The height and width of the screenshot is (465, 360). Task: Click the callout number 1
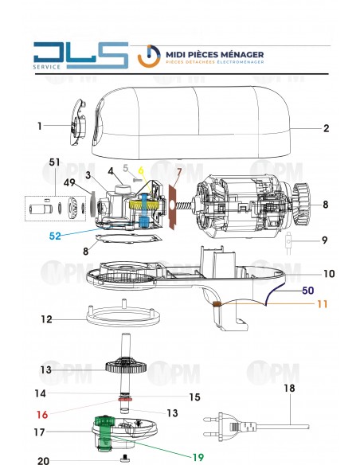pos(39,126)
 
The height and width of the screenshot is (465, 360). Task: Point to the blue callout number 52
pos(55,236)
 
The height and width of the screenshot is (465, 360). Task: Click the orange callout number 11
pos(323,303)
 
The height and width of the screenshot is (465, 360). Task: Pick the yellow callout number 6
pos(141,170)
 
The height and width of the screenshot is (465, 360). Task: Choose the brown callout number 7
pos(179,172)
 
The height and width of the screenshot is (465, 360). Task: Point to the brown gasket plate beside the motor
pos(170,209)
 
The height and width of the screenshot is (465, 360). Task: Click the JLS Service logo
pos(80,57)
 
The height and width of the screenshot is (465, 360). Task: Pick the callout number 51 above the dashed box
pos(55,162)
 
